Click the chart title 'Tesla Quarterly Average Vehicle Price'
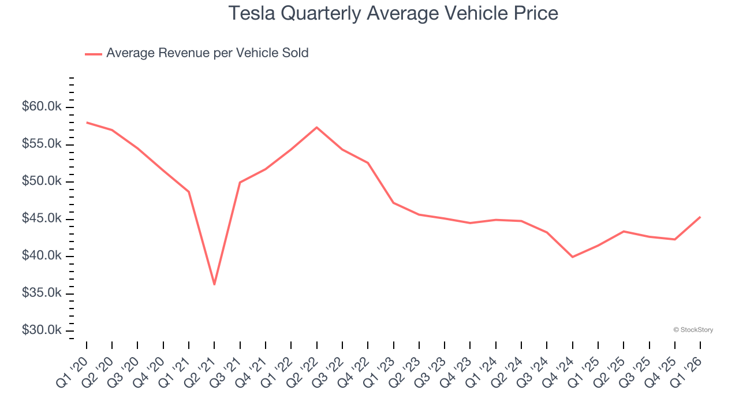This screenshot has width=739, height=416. point(393,13)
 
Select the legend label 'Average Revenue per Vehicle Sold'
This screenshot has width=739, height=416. point(207,53)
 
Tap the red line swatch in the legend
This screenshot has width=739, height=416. point(94,54)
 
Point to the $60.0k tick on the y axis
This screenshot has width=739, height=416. point(42,107)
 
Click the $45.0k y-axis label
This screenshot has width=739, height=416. point(42,218)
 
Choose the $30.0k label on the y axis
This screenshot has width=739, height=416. point(42,330)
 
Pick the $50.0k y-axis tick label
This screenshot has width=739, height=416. point(42,181)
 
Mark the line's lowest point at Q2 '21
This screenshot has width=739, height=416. point(214,284)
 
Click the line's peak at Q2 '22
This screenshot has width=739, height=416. point(316,127)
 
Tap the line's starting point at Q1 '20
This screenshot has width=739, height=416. point(87,122)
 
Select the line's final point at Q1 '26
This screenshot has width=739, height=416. point(700,217)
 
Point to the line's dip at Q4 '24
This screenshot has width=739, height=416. point(572,257)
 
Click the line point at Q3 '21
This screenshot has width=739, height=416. point(240,182)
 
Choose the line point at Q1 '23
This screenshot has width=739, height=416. point(393,203)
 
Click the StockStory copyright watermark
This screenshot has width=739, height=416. point(693,330)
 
